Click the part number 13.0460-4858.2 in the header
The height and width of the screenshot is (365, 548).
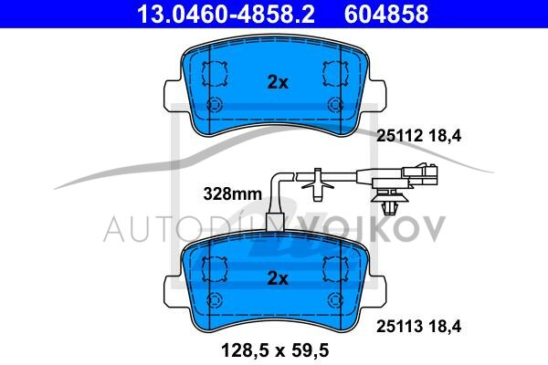[x=226, y=14]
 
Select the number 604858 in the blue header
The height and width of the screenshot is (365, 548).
[x=386, y=14]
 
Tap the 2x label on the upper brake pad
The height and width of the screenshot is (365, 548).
[x=278, y=82]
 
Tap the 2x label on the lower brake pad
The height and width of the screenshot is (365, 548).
[x=278, y=278]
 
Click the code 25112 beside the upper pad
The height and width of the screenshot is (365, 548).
[x=400, y=136]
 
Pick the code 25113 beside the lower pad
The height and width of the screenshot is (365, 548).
[x=400, y=327]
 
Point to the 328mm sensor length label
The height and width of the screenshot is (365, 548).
[x=232, y=193]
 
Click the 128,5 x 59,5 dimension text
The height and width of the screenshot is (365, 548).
[x=275, y=350]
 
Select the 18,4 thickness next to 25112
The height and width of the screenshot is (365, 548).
[x=445, y=136]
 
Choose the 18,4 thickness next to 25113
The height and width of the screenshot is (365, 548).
[x=445, y=327]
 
